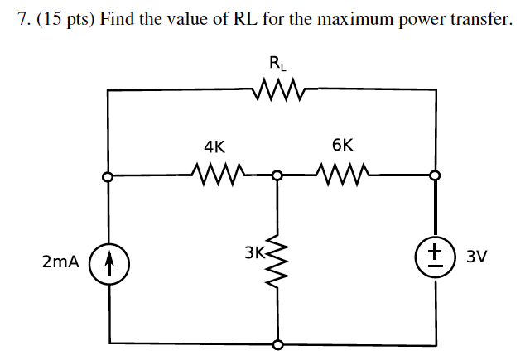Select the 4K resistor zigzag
[215, 175]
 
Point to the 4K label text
[214, 146]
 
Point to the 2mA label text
[60, 262]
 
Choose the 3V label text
[477, 257]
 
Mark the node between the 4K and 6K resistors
[277, 175]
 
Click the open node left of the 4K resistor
[107, 175]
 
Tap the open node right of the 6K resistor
[436, 175]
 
